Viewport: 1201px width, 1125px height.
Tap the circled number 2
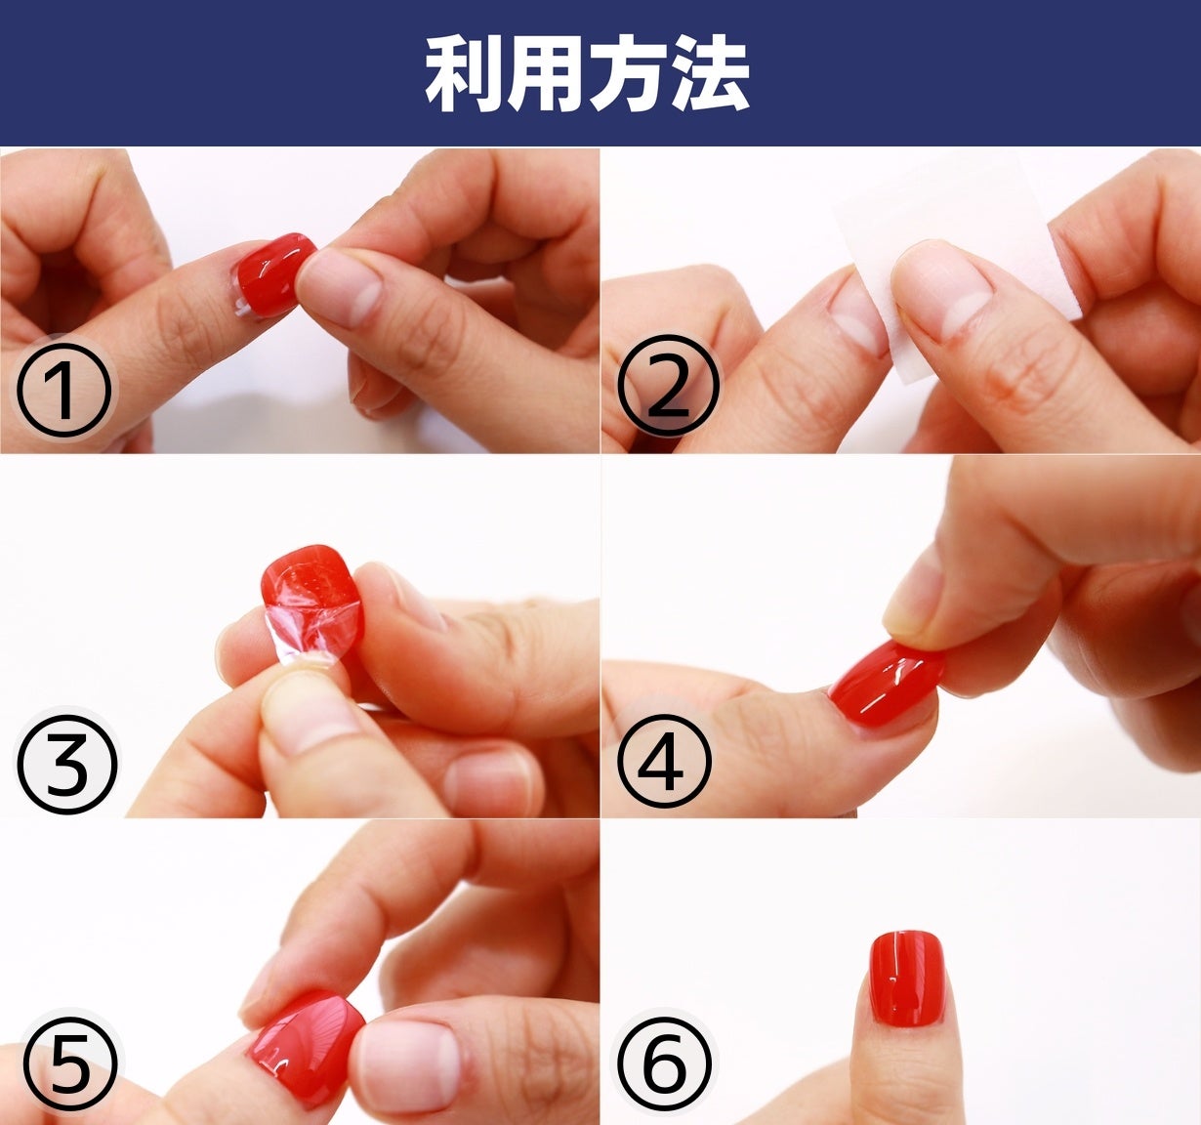(x=668, y=386)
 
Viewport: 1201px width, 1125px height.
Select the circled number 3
(x=66, y=762)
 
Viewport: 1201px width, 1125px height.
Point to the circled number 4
(x=664, y=760)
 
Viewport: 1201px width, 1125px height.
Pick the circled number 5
(x=70, y=1063)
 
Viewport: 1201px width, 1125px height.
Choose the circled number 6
(x=664, y=1063)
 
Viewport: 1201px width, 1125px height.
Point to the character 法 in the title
(x=710, y=74)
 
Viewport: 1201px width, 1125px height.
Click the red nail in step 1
(x=273, y=274)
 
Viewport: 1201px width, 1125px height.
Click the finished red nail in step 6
(x=908, y=978)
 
